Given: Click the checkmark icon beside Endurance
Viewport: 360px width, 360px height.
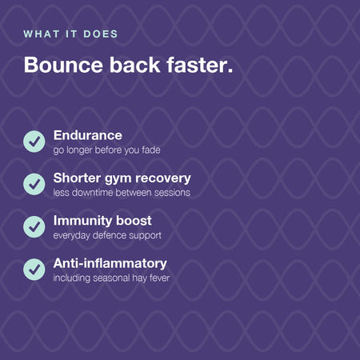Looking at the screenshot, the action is click(x=34, y=142).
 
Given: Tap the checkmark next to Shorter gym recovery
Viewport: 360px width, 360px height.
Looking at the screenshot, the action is click(x=34, y=184).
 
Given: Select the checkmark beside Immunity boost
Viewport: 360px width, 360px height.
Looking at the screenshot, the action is click(x=34, y=226).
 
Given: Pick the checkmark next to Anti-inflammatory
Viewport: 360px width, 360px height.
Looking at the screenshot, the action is click(x=34, y=270).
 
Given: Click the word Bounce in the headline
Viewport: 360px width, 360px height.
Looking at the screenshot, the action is click(x=63, y=65).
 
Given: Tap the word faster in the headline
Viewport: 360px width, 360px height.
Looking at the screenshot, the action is click(x=200, y=65).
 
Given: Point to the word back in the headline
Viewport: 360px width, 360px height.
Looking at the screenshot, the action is click(x=135, y=65).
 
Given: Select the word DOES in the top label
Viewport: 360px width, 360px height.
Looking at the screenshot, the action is click(x=101, y=34).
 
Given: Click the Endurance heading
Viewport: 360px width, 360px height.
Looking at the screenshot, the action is click(x=88, y=135).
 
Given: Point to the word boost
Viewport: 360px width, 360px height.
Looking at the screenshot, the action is click(x=134, y=221).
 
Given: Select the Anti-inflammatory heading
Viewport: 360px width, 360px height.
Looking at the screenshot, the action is click(x=110, y=263).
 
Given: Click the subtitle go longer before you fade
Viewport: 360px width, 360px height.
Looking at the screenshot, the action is click(x=106, y=150).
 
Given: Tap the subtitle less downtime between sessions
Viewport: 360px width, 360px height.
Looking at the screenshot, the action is click(x=122, y=193).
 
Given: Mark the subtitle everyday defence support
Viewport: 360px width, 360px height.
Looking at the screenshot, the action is click(x=107, y=236).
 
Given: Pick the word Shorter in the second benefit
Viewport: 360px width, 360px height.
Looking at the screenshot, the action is click(x=77, y=178).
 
